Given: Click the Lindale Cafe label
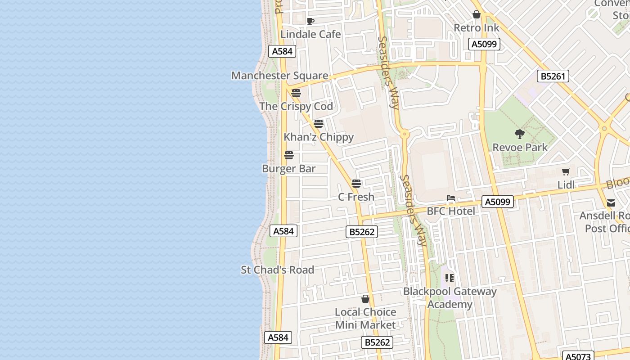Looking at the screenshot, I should tap(310, 34).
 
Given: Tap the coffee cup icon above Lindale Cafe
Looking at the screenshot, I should tap(310, 21).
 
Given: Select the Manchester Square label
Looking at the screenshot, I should tap(279, 76).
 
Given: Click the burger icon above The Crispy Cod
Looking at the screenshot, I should tap(296, 93).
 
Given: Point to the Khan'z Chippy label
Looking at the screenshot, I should tap(319, 137).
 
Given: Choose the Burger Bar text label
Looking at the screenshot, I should tap(288, 169).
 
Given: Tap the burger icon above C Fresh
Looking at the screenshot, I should tap(356, 184).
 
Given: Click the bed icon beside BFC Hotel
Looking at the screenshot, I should tap(450, 198).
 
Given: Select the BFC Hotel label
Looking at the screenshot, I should tap(450, 211).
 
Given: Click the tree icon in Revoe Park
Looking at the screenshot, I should tap(520, 134).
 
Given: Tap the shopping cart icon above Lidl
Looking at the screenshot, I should tap(566, 171).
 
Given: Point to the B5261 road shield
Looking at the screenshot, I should tap(553, 76).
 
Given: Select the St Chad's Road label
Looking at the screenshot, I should tap(277, 270).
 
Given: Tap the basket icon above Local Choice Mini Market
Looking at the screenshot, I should tap(365, 299).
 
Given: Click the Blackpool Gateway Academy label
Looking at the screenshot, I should tap(450, 298).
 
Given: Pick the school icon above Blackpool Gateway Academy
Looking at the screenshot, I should tap(449, 278).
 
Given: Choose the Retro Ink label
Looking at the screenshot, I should tap(477, 28).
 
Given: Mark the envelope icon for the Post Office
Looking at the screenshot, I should tap(611, 203).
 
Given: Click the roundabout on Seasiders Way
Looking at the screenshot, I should tap(405, 134).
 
